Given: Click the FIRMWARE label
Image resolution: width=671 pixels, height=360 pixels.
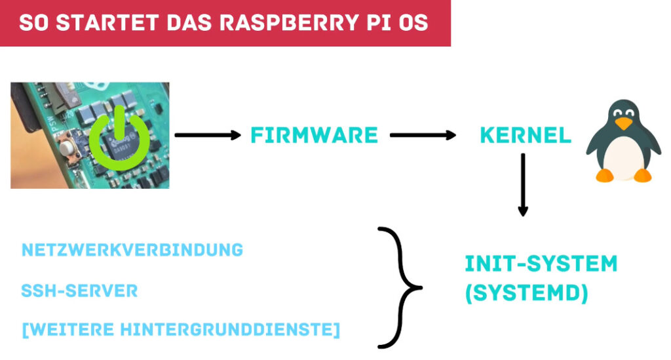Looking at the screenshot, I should click(x=315, y=136).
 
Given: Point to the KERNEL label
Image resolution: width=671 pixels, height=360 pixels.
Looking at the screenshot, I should click(x=526, y=136).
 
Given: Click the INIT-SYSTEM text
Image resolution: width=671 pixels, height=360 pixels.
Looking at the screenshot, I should click(x=541, y=264).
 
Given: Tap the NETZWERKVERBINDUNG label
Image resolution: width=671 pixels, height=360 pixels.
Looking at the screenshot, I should click(x=132, y=250).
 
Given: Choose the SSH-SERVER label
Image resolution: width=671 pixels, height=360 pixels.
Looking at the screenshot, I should click(x=80, y=290).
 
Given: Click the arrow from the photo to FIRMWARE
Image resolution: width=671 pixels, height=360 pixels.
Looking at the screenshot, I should click(x=208, y=135).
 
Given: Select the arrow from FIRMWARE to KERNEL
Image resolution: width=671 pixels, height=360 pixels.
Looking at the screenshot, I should click(x=423, y=135).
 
